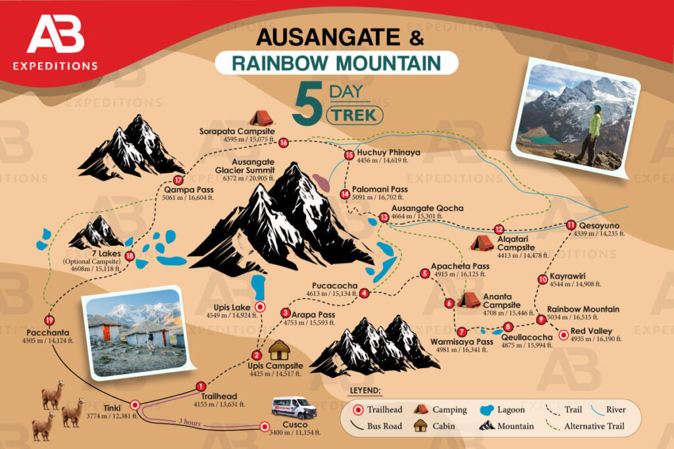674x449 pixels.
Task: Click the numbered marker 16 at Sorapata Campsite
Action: (x=284, y=142)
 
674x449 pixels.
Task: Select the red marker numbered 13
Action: (x=384, y=217)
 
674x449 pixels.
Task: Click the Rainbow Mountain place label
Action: (x=583, y=309)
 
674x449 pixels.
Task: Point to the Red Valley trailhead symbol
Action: (x=563, y=335)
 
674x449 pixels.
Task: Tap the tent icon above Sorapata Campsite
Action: (x=261, y=118)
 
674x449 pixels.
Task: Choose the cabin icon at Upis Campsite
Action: (x=280, y=350)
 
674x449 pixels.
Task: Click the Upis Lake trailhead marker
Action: (x=260, y=306)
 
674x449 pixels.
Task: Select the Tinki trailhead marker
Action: (x=135, y=405)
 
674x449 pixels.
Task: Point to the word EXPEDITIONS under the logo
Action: (x=55, y=66)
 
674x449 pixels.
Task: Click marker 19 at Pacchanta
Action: (x=49, y=320)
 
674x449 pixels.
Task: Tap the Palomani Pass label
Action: (x=380, y=189)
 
